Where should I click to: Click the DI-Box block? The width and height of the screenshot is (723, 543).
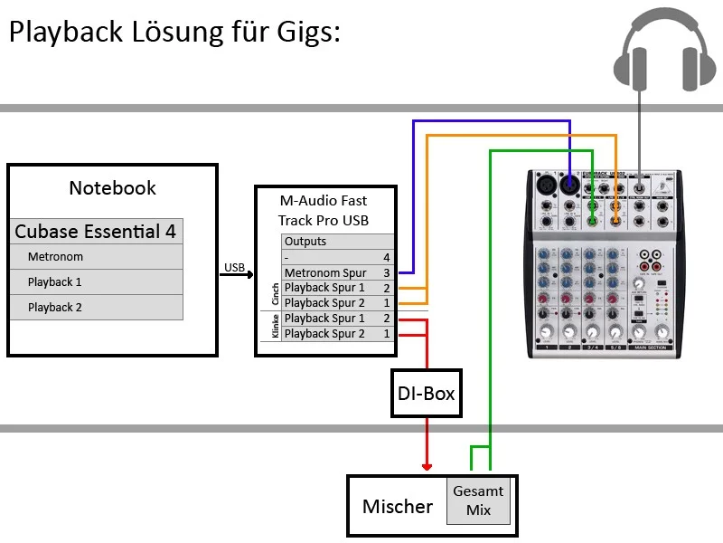pos(426,393)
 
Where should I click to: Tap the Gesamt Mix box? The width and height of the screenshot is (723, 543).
pos(478,500)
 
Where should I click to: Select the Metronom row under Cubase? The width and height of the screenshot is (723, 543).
pos(96,257)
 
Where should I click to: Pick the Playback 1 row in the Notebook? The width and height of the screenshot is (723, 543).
pos(96,282)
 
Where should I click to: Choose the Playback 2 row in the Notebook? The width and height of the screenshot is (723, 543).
pos(96,308)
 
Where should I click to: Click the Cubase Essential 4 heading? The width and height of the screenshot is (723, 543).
pos(96,232)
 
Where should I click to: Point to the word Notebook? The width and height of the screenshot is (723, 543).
pos(112,188)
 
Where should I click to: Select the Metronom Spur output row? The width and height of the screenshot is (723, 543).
pos(325,272)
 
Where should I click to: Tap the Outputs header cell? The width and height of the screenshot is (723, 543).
pos(305,242)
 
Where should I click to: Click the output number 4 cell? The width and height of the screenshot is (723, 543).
pos(386,257)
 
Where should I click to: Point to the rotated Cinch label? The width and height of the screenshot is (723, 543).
pos(276,295)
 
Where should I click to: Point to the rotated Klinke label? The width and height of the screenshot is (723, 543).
pos(276,326)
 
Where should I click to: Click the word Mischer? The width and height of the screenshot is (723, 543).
pos(398,507)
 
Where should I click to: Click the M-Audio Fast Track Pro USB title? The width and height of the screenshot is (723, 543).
pos(324,210)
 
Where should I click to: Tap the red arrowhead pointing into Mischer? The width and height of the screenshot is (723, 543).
pos(426,464)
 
